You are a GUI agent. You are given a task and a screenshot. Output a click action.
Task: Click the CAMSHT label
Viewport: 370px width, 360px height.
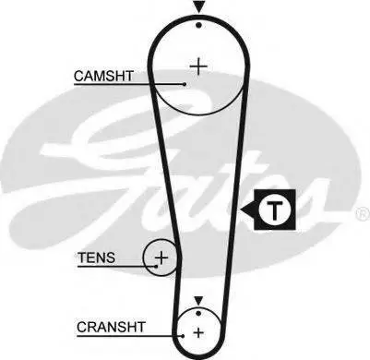coord(103,76)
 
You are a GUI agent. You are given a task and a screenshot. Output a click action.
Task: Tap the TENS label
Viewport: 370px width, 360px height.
coord(96,258)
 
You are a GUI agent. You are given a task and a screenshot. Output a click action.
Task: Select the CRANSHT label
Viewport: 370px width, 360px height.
coord(111,327)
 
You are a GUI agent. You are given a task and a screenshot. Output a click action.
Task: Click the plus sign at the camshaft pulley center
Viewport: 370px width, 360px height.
coord(198,66)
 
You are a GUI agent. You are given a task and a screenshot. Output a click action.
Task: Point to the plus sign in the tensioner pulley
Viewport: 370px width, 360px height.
coord(161,258)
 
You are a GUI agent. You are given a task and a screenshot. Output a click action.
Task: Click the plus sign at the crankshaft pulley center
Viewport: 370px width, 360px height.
coord(198,332)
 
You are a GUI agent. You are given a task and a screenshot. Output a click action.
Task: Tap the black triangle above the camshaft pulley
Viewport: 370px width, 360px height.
coord(199,6)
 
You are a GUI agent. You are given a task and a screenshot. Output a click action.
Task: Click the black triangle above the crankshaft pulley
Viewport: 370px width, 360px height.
coord(198,300)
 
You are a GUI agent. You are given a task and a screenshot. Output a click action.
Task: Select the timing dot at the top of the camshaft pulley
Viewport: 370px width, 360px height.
coord(199,25)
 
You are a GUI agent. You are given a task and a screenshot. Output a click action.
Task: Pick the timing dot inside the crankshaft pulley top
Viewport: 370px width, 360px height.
coord(198,313)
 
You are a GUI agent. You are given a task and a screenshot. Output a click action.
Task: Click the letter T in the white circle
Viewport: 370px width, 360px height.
coord(275,210)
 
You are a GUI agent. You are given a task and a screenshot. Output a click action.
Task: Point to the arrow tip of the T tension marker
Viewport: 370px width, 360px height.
coord(241,210)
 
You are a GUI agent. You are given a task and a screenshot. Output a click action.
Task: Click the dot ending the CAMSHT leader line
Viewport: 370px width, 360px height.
coord(185,84)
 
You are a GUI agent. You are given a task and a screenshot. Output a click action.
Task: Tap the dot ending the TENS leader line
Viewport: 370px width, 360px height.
coord(156,266)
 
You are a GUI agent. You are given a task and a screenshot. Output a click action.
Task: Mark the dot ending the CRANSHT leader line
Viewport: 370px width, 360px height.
coord(183,336)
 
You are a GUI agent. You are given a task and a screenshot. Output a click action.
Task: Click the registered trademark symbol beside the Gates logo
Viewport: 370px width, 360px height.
coord(363,214)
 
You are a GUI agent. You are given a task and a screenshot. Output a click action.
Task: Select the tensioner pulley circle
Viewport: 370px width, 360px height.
coord(143,258)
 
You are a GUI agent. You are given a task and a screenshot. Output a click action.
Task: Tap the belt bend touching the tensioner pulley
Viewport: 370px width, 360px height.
coord(179,258)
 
